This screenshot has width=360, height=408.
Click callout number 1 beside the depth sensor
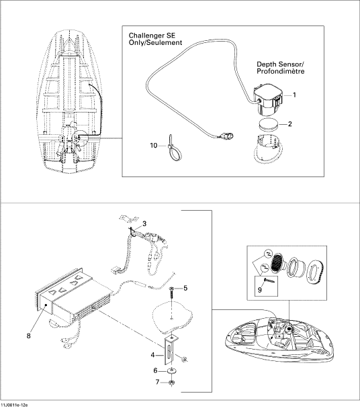tap(294, 95)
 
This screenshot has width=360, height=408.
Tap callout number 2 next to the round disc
tap(289, 124)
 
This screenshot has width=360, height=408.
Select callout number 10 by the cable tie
tap(154, 145)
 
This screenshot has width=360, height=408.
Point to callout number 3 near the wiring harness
tap(144, 223)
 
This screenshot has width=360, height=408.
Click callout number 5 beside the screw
tap(185, 288)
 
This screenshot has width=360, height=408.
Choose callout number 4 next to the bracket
tap(153, 355)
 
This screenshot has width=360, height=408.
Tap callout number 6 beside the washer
tap(156, 370)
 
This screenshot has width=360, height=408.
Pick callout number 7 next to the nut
tap(157, 382)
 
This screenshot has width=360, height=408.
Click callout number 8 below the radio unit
tap(28, 336)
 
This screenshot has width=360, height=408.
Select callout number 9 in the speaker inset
tap(259, 290)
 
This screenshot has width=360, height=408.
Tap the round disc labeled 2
tap(268, 123)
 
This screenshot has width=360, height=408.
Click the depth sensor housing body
tap(268, 99)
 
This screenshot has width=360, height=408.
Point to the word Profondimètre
tap(281, 71)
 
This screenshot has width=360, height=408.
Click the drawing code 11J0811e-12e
tap(14, 405)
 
